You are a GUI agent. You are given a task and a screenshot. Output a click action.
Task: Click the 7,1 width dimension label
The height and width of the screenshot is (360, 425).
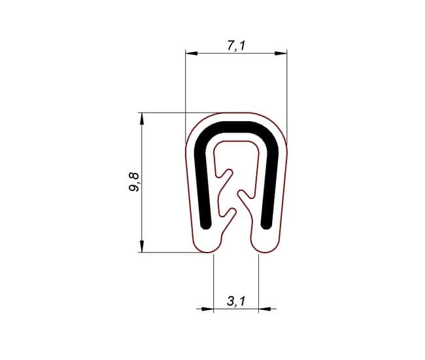coord(236,46)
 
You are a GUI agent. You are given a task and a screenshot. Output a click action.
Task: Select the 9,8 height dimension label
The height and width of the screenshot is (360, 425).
coord(134,182)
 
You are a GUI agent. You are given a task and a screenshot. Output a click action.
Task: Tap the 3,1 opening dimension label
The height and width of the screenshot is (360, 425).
coord(236,301)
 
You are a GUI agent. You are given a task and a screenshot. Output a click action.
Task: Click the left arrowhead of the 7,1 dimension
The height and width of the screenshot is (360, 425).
coord(192,53)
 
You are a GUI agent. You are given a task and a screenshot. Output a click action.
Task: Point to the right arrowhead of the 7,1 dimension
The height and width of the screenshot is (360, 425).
coord(280,54)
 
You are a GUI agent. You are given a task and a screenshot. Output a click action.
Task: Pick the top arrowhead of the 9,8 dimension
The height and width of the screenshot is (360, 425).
coord(141,119)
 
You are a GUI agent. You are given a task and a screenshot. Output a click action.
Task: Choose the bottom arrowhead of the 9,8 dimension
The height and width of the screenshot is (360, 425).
coord(141,246)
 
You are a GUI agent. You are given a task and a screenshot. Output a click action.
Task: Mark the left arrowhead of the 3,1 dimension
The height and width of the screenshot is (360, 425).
coord(207,309)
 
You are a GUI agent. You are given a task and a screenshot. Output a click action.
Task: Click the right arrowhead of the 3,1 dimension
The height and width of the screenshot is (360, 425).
coord(265,309)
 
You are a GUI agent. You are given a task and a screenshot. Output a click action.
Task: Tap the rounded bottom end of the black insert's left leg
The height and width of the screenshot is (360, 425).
coord(206,225)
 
